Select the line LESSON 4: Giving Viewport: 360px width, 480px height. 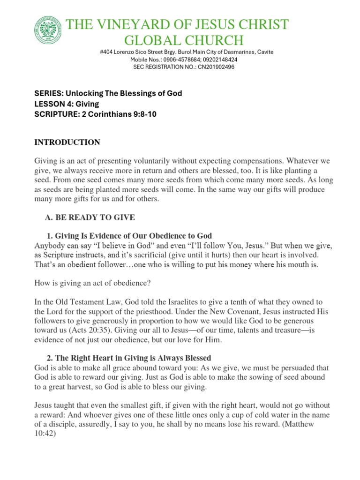[x=67, y=104]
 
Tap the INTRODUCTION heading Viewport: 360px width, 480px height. [x=67, y=142]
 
